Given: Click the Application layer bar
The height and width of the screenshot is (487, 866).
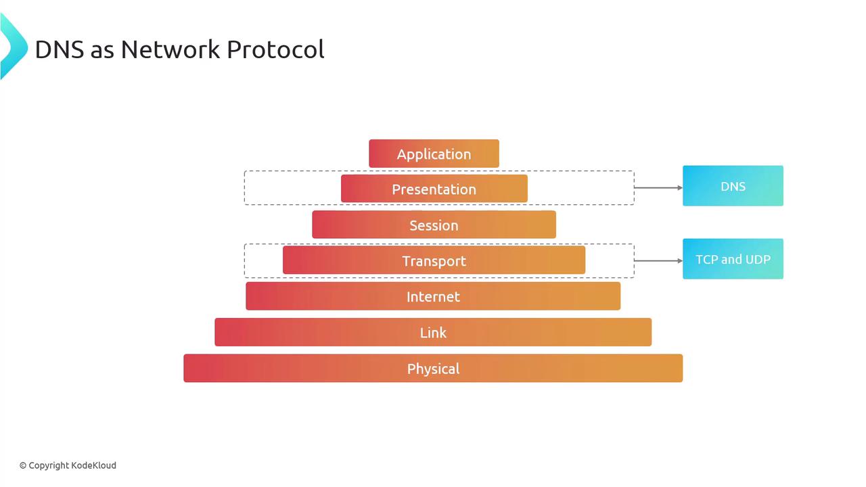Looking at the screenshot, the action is (434, 154).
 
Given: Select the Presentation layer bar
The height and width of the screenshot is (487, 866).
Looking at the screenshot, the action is (434, 189).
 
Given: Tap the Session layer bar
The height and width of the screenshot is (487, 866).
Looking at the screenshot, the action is (434, 225).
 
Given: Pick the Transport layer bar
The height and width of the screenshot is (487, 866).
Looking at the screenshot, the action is (434, 260).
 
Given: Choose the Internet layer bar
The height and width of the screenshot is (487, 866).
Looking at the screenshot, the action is (433, 296).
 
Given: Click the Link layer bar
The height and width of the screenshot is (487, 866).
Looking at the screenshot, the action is (433, 332).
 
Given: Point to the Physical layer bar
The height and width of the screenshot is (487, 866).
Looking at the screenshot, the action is (433, 368).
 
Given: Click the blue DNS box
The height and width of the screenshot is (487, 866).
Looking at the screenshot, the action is (733, 186).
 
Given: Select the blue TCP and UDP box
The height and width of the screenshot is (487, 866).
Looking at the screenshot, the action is (733, 259).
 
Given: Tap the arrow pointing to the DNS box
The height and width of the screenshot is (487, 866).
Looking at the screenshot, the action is (658, 188).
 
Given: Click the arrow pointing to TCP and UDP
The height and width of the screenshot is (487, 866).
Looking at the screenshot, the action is (658, 261).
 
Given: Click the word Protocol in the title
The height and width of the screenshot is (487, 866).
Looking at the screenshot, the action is (275, 49).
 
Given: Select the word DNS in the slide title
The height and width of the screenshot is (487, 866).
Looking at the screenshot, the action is (60, 49).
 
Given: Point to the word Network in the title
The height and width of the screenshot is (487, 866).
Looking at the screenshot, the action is (170, 49).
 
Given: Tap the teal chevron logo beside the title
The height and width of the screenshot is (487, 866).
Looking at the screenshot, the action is (14, 47).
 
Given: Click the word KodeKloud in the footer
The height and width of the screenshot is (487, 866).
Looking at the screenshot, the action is (94, 465).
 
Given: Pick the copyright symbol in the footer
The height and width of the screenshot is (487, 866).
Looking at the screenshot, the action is (23, 466).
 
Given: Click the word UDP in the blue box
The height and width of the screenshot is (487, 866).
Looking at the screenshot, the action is (758, 259).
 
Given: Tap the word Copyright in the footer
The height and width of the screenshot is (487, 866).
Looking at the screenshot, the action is (49, 466).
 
